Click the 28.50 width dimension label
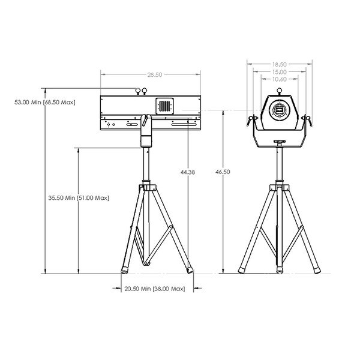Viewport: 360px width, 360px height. click(155, 74)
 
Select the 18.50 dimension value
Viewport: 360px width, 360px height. click(280, 65)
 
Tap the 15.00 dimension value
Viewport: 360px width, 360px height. click(280, 72)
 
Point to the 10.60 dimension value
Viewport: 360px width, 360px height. click(280, 79)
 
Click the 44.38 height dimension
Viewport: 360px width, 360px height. click(188, 172)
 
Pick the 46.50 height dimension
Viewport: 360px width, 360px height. click(223, 172)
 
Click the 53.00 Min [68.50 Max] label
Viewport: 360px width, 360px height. click(45, 102)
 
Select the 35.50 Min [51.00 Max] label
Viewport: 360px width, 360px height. click(79, 197)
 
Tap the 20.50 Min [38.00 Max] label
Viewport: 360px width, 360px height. click(155, 289)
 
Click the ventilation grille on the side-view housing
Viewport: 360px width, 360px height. click(164, 106)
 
